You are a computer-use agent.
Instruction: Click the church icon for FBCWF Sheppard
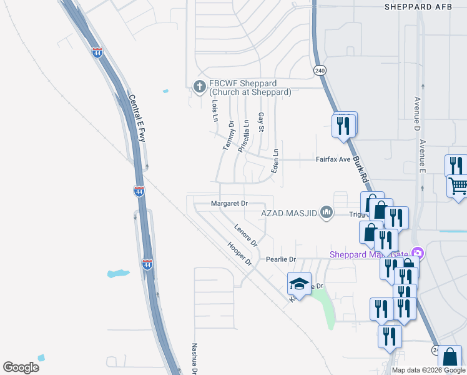click(200, 86)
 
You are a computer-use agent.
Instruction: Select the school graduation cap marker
click(299, 284)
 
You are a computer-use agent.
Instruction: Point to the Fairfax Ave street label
click(333, 159)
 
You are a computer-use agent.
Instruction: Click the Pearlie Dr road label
click(280, 259)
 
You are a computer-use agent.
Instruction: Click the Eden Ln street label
click(273, 161)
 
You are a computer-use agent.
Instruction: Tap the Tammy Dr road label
click(229, 136)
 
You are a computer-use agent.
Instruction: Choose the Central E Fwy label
click(137, 118)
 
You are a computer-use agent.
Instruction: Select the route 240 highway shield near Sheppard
click(320, 71)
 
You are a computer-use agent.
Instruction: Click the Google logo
click(21, 367)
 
